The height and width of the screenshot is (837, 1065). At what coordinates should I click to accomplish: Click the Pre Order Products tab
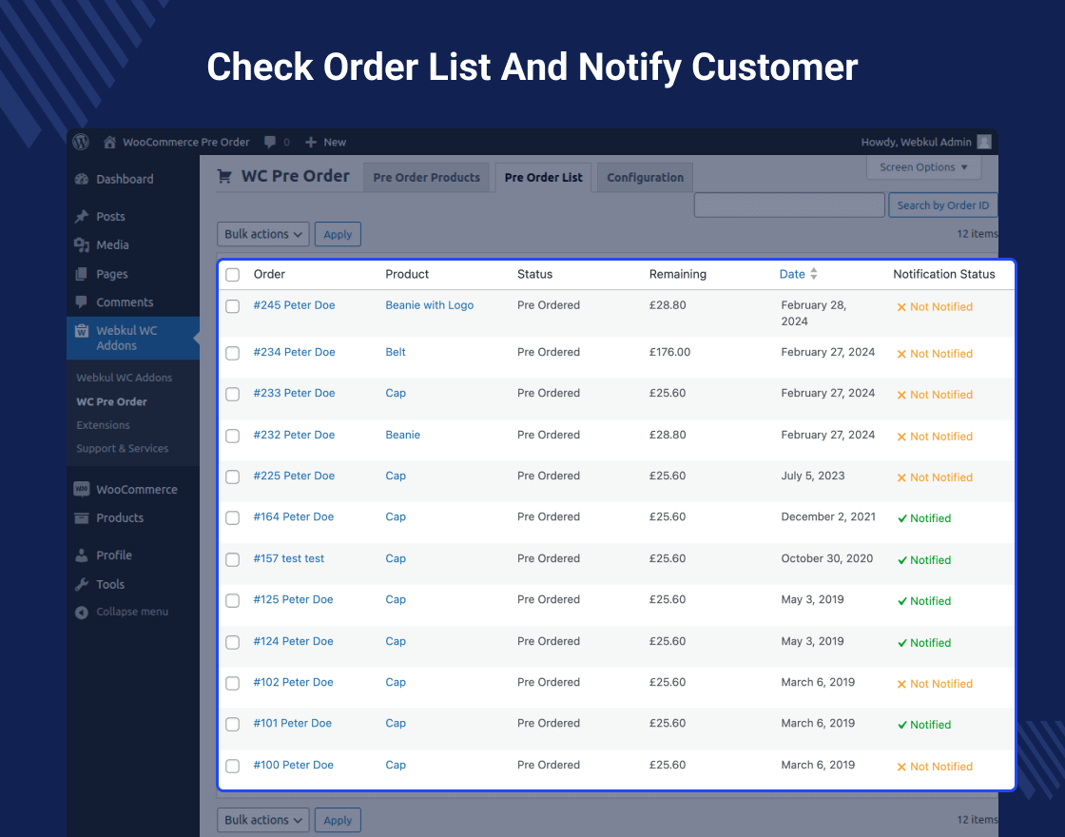(x=426, y=178)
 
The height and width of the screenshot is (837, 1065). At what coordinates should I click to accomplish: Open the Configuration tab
(x=645, y=178)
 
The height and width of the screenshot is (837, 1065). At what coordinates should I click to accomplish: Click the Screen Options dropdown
(x=923, y=167)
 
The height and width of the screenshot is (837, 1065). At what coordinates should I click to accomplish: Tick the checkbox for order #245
(x=233, y=306)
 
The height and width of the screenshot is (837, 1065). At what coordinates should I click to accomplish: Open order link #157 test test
(x=289, y=558)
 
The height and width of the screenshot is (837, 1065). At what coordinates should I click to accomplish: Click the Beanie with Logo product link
(x=429, y=305)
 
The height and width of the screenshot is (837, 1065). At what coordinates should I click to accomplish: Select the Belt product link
(x=396, y=352)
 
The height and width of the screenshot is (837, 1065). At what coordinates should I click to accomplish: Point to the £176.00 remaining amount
(x=669, y=352)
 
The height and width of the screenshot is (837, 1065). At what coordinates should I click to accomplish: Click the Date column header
(x=792, y=274)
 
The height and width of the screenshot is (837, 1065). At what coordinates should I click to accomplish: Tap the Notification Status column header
(x=943, y=274)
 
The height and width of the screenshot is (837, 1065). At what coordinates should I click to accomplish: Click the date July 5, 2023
(x=812, y=476)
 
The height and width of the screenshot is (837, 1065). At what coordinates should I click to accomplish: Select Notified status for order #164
(x=923, y=518)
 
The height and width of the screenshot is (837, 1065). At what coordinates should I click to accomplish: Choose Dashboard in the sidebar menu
(x=125, y=179)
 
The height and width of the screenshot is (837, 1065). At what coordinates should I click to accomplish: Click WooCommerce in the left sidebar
(x=136, y=489)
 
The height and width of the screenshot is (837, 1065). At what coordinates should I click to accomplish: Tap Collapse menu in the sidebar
(x=131, y=612)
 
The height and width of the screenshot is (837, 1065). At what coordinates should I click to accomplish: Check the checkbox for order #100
(x=233, y=766)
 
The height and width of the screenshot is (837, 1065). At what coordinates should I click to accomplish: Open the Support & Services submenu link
(x=123, y=448)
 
